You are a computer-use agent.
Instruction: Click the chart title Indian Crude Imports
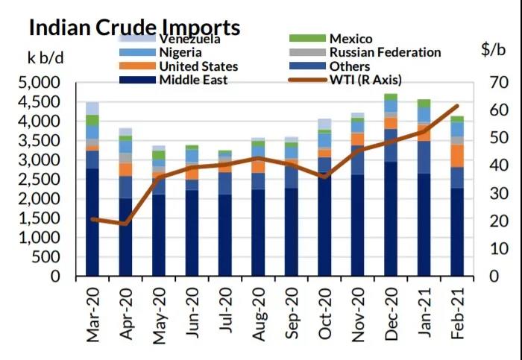134,28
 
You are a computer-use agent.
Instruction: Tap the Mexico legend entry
350,39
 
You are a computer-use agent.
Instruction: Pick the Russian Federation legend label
385,53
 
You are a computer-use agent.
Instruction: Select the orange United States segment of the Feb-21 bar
456,156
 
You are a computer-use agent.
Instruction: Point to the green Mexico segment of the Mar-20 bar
92,120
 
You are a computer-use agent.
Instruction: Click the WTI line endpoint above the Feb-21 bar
456,106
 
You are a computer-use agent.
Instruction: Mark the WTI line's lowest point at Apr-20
125,223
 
